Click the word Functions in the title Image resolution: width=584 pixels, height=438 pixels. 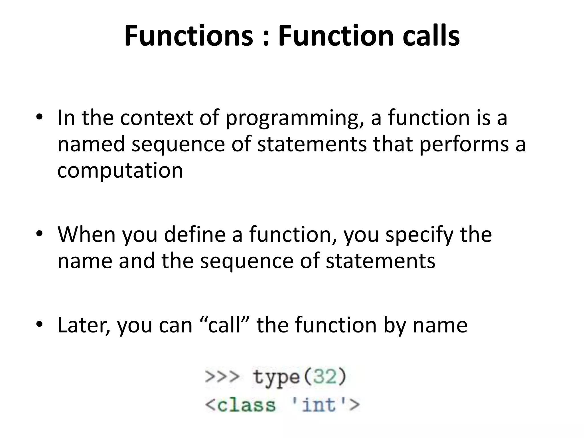click(x=188, y=36)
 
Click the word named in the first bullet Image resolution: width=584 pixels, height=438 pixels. click(x=91, y=144)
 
